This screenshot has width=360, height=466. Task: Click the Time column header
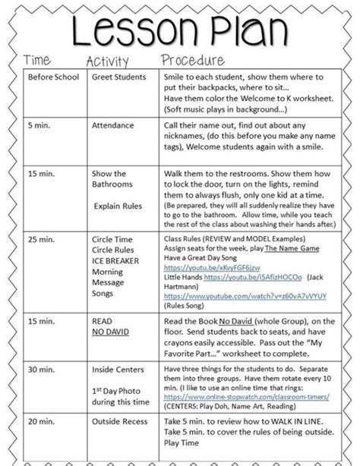point(37,60)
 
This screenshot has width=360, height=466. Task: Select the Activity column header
point(107,61)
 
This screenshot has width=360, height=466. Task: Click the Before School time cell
point(53,77)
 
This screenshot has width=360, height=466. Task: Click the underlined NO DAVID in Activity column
point(110,332)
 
